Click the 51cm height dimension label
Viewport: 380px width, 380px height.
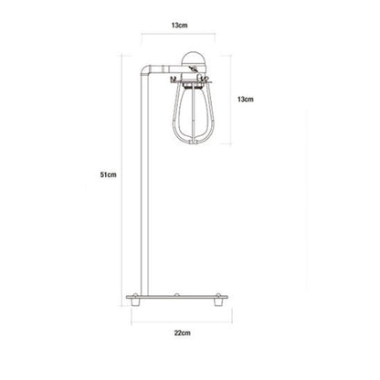click(109, 174)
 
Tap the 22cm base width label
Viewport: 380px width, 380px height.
click(183, 332)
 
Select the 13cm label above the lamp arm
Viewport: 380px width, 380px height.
click(179, 26)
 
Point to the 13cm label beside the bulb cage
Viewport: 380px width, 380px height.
click(246, 100)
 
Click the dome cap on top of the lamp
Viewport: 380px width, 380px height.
click(194, 58)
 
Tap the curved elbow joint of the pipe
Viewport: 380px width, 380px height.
click(146, 70)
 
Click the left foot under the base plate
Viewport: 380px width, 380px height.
click(134, 302)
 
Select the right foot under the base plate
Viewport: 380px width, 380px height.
click(217, 302)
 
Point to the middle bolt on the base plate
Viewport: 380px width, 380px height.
click(176, 294)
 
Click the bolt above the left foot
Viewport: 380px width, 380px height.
click(135, 294)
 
